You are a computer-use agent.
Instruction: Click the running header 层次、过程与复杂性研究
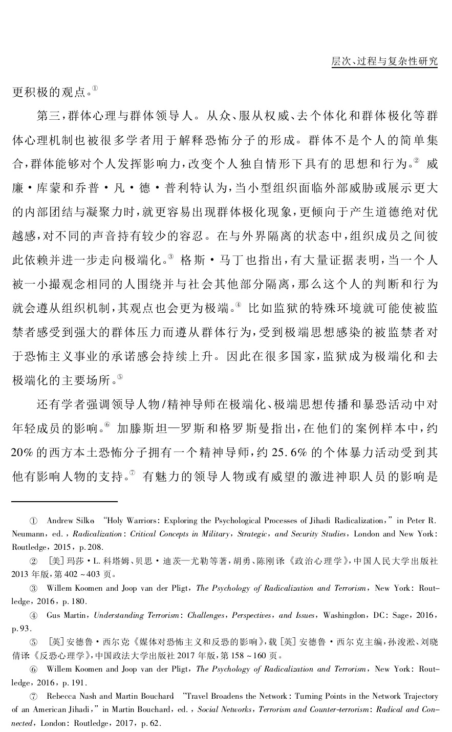point(384,61)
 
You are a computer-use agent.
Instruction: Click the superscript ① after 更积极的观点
point(95,89)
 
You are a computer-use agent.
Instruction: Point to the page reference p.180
point(77,601)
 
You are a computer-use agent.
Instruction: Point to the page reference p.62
point(151,723)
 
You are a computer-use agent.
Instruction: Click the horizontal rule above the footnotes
point(64,501)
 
